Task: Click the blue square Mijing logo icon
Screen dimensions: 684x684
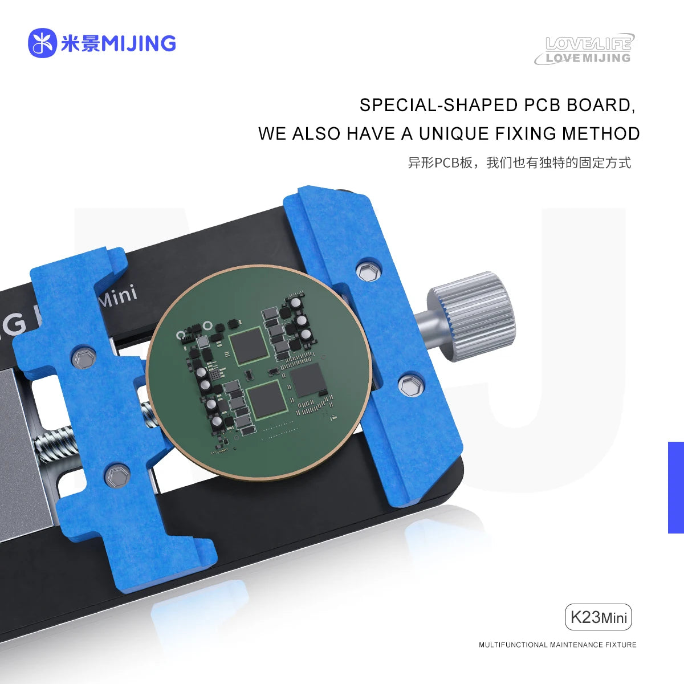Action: point(42,43)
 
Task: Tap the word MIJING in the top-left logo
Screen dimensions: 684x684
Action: point(138,43)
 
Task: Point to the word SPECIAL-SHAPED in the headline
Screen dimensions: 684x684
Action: point(437,105)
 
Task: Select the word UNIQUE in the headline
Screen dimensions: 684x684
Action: point(454,134)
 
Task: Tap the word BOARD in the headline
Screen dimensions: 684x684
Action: point(600,105)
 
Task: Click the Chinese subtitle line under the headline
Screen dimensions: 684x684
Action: point(519,163)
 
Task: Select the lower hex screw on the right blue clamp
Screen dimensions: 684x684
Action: point(409,386)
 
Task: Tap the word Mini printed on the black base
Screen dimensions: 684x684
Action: point(118,295)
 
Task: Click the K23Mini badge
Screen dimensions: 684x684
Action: point(598,617)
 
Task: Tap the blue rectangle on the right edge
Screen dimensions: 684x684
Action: point(675,487)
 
